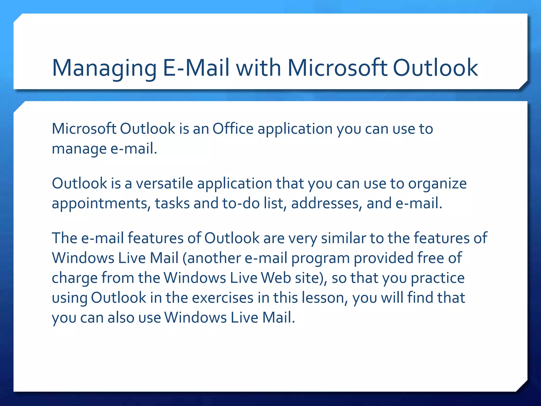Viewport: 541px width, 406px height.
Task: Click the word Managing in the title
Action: pos(104,68)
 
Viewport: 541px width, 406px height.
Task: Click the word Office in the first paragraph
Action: pos(233,129)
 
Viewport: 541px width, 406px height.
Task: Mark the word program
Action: pos(320,259)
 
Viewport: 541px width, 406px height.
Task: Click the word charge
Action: pos(74,278)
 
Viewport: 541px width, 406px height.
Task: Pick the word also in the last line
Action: pos(121,317)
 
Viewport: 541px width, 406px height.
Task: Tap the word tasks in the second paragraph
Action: pos(172,203)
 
